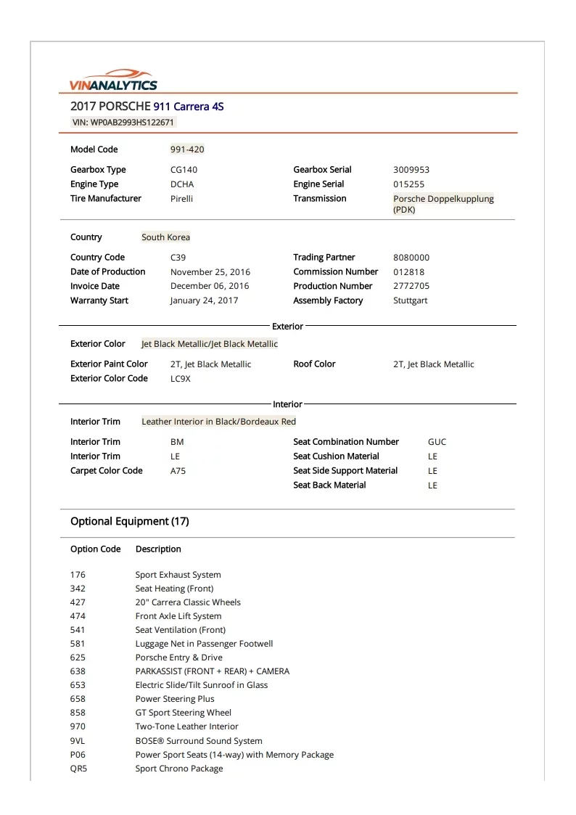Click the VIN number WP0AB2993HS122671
123,122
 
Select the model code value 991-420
187,150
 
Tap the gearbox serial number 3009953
411,170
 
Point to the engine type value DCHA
182,184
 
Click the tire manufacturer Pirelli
181,198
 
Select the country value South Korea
165,237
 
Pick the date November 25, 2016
210,272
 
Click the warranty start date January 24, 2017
204,300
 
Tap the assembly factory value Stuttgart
411,300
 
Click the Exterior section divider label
287,327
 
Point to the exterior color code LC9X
181,379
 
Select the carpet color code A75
178,471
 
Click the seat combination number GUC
437,442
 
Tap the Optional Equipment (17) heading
129,521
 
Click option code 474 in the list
78,616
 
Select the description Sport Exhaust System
178,575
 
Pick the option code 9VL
78,741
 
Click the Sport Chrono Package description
179,769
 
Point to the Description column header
158,549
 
